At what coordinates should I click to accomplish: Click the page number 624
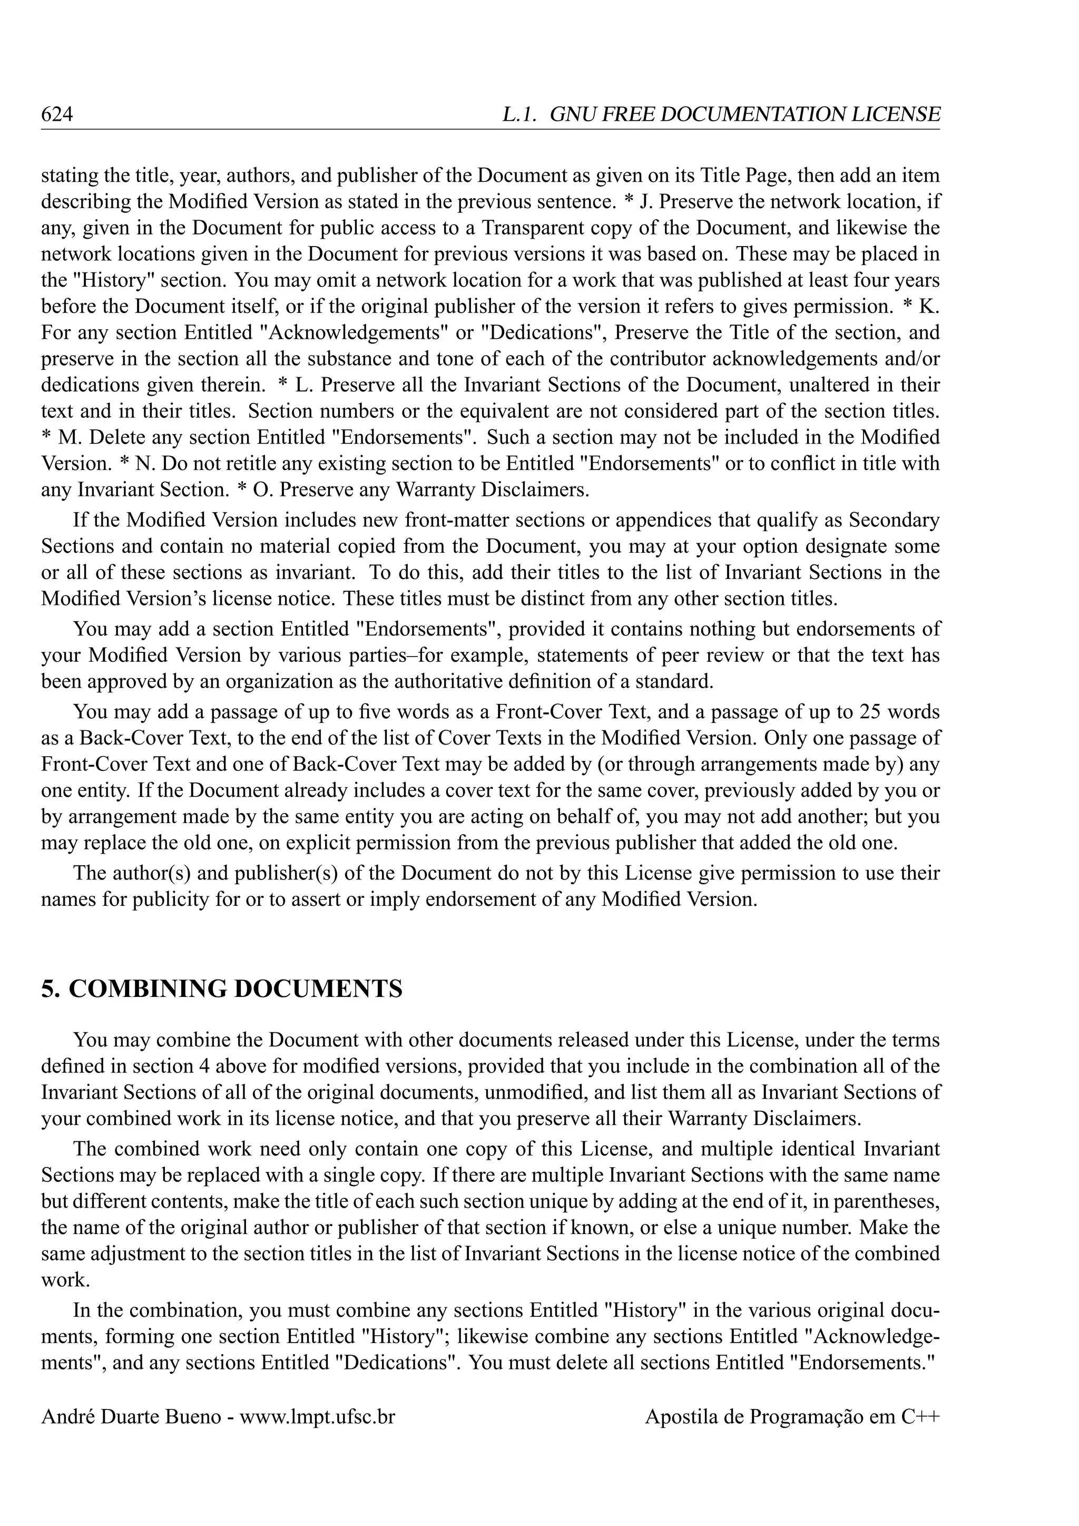(56, 115)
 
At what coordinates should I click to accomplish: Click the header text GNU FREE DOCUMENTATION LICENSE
(745, 115)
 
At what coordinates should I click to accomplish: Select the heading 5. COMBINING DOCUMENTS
(222, 989)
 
